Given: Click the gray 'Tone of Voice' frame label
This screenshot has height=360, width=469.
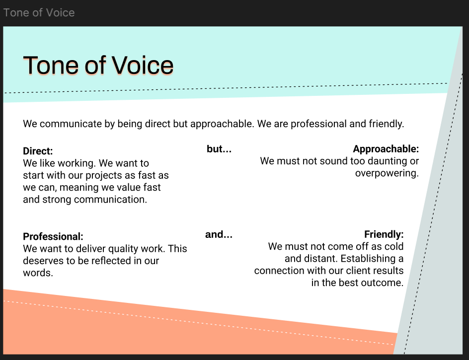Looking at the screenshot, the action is click(39, 12).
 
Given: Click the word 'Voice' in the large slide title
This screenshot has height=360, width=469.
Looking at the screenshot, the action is click(143, 65).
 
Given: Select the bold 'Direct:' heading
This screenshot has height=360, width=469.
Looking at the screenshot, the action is click(38, 151).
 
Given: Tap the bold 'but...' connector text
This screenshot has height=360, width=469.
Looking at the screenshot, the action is click(219, 149).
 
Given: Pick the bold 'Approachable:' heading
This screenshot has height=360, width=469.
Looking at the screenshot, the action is click(386, 149).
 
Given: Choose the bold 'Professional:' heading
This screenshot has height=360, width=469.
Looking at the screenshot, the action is click(53, 236).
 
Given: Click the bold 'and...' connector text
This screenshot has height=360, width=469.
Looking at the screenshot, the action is click(219, 234).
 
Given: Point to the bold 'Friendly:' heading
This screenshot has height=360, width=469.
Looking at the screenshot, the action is click(384, 234).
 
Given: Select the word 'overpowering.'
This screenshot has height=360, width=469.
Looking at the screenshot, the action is click(387, 173).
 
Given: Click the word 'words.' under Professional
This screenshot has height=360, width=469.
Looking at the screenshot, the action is click(38, 273).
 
